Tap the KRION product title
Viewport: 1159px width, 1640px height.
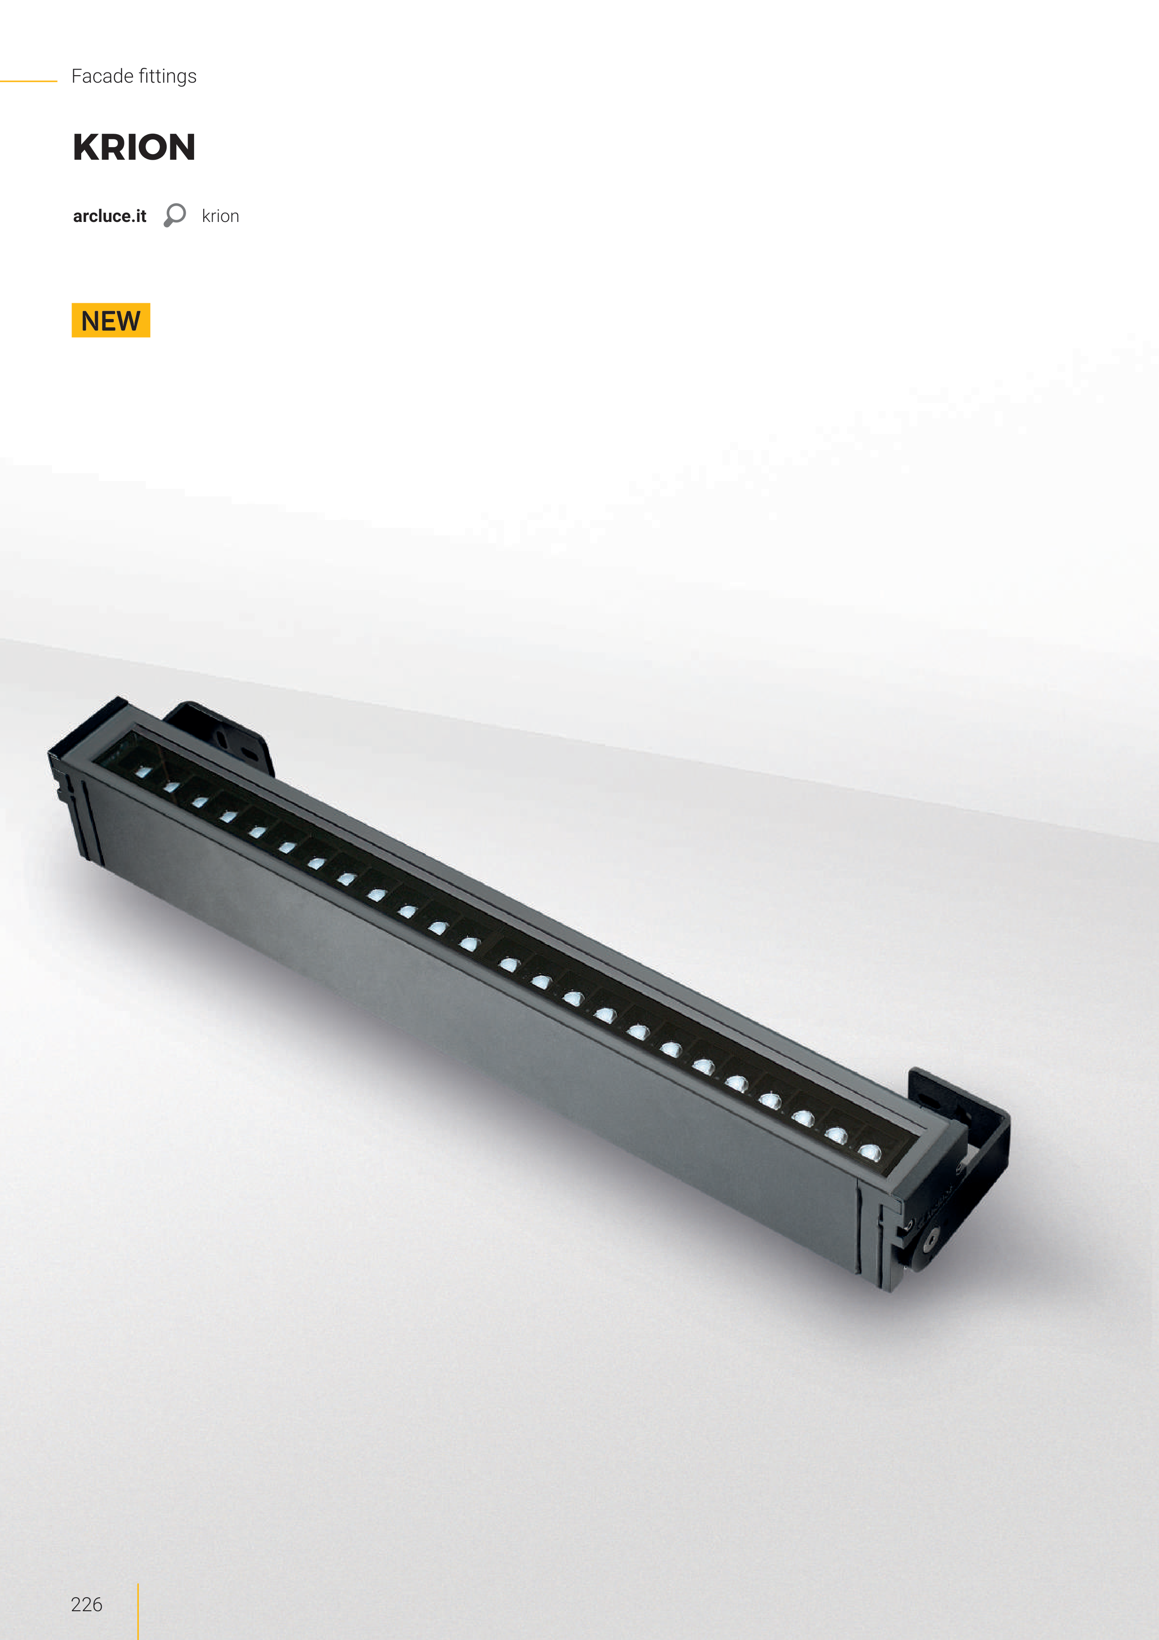coord(134,147)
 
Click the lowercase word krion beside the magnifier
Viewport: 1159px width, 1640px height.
coord(220,216)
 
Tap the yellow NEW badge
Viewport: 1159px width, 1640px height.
coord(110,320)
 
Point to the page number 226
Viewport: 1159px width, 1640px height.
coord(86,1604)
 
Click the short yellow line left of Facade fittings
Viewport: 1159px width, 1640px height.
coord(29,81)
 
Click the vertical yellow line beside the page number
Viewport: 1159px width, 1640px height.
coord(138,1611)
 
